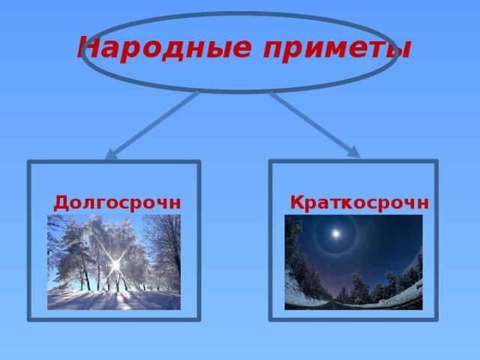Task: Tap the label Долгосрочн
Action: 117,202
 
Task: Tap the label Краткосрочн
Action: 359,202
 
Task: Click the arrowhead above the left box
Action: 111,154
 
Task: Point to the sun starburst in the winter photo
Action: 116,265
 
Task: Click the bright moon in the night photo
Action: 336,235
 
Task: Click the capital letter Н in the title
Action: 88,49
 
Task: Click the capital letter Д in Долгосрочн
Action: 62,202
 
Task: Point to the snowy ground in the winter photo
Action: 112,300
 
